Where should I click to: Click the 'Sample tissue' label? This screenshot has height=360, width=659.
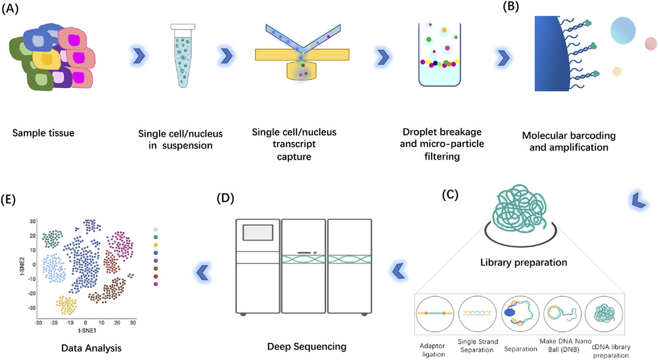click(x=43, y=133)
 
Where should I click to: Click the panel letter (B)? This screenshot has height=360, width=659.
click(x=511, y=7)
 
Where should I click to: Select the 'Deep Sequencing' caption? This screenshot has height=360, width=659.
click(x=307, y=347)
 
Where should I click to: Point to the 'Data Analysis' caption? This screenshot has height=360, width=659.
click(x=91, y=348)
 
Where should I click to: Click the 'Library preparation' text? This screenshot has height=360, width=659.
click(x=524, y=263)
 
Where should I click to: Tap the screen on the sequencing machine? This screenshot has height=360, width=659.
click(x=258, y=233)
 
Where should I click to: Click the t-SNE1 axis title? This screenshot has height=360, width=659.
click(x=87, y=330)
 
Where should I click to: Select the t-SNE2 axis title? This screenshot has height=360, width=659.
click(x=22, y=265)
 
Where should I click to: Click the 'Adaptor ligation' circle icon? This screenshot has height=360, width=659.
click(x=434, y=314)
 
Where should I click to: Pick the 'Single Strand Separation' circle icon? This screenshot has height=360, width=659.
click(x=477, y=314)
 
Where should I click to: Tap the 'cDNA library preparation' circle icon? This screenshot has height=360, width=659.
click(x=604, y=314)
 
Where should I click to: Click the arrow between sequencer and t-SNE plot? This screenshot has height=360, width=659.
click(x=202, y=273)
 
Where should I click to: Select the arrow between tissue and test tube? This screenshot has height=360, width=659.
click(x=139, y=56)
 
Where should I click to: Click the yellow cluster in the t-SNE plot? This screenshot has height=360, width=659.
click(x=66, y=305)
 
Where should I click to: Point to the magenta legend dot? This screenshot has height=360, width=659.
click(x=156, y=284)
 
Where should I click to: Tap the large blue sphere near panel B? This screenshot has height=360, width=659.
click(x=623, y=30)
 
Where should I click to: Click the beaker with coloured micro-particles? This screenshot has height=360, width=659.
click(x=440, y=54)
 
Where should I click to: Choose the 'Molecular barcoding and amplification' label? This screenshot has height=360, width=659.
click(x=568, y=141)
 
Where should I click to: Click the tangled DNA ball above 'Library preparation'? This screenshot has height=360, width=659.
click(x=521, y=208)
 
